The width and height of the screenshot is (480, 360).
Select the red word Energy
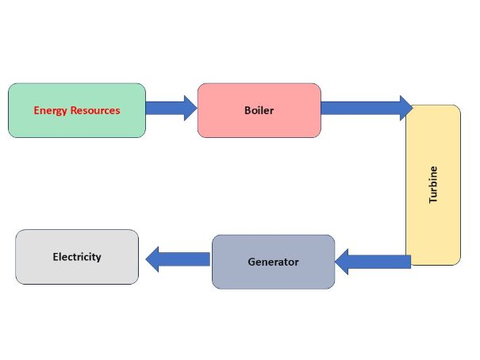pos(50,110)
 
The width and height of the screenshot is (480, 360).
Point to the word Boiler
pos(259,110)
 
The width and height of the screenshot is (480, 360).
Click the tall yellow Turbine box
pos(433,222)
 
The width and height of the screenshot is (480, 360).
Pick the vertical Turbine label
pos(433,185)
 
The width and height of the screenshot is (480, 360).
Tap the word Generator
pos(273,262)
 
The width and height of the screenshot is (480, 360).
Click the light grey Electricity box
pos(77,270)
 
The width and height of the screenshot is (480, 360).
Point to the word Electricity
pos(77,257)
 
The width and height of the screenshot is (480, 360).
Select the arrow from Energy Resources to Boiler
pos(170,108)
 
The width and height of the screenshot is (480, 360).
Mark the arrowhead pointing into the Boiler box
pos(190,108)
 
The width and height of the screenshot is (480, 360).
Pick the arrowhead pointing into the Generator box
pos(343,261)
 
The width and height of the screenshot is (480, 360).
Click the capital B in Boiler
pos(248,110)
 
